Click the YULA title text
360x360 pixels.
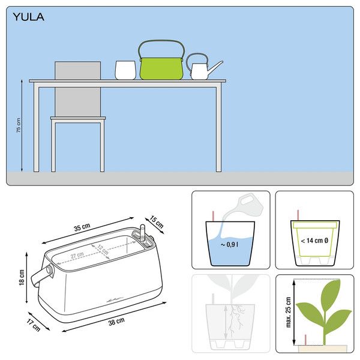tap(28, 17)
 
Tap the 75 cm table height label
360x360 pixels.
tap(19, 125)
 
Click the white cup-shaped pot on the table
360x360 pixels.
tap(125, 70)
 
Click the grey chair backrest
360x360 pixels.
tap(77, 89)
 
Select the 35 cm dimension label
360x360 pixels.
tap(82, 227)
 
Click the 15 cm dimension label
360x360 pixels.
tap(157, 222)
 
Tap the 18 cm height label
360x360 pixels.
tap(22, 278)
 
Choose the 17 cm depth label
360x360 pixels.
tap(33, 325)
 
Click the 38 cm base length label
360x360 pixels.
tap(116, 322)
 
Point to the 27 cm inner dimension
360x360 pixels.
tap(77, 255)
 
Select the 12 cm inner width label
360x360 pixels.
tap(103, 250)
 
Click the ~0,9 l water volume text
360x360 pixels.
tap(229, 245)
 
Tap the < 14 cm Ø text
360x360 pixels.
tap(314, 241)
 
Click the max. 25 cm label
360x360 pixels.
tap(289, 312)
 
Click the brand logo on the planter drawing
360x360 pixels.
tap(115, 299)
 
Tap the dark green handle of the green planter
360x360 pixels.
tap(161, 42)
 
